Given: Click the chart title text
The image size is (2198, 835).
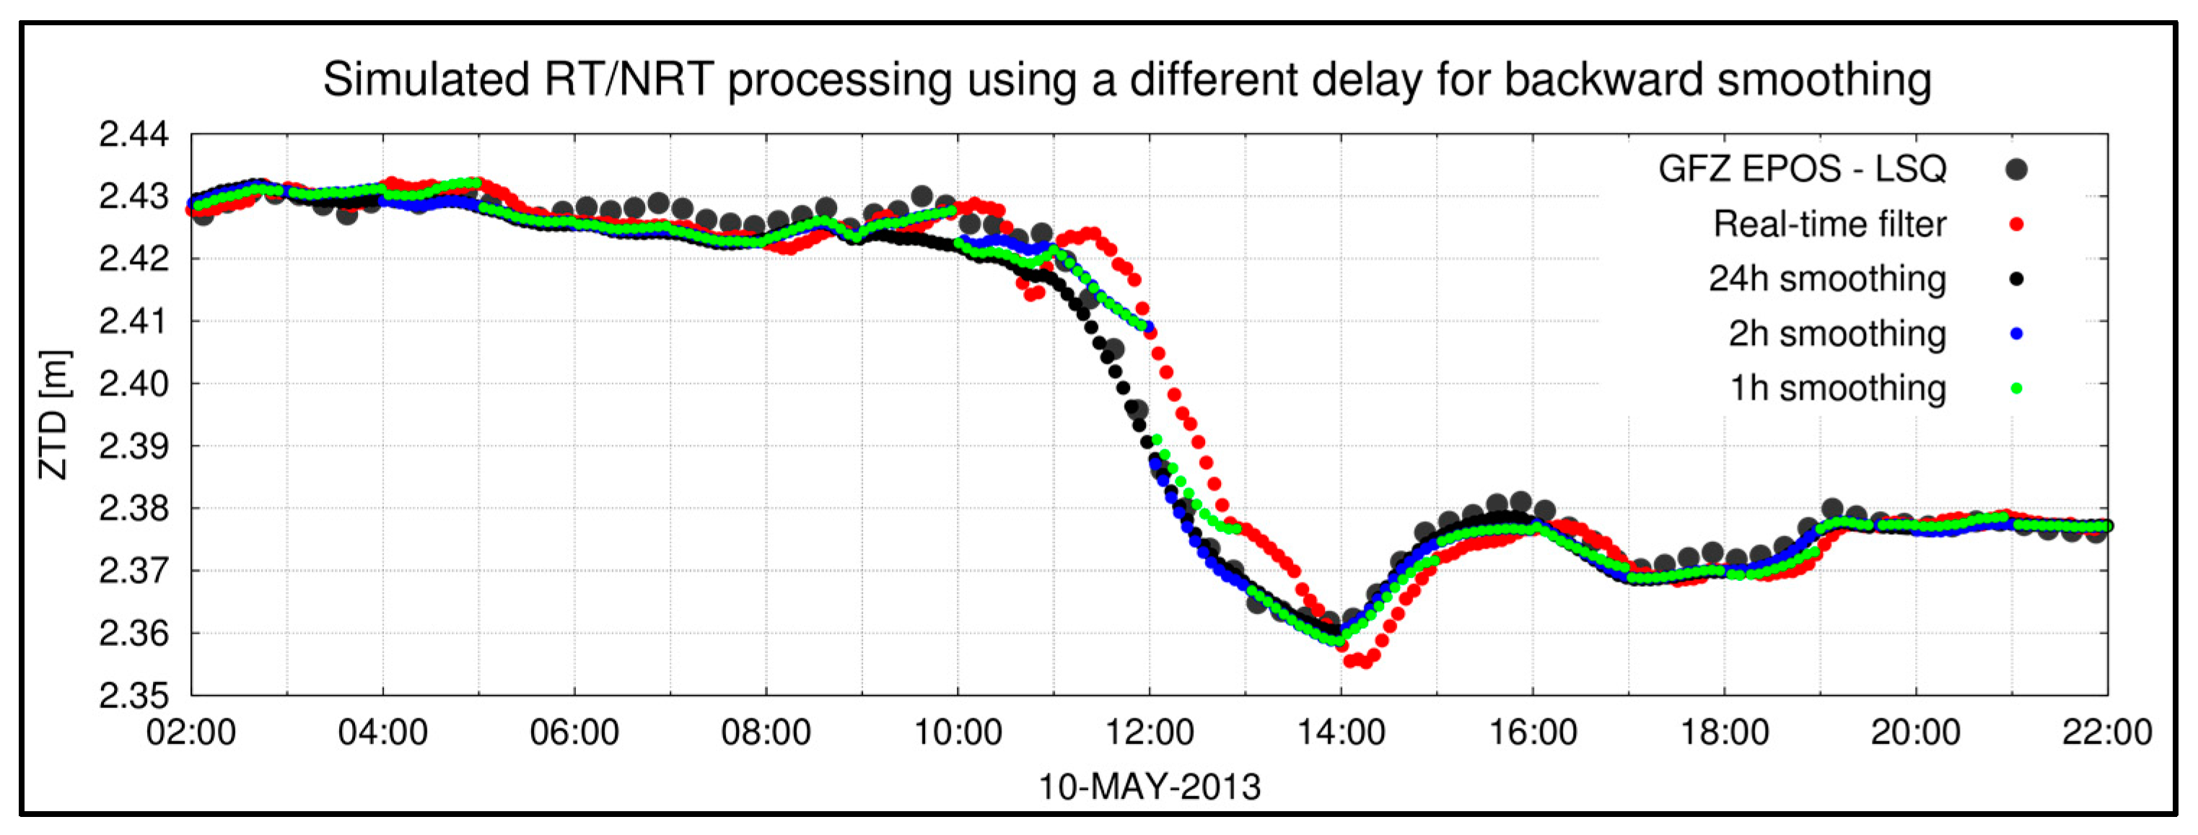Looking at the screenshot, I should (x=1126, y=80).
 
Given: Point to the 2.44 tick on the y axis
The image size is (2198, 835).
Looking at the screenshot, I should (x=134, y=135).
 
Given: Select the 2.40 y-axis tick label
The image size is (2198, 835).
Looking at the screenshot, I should (x=134, y=384).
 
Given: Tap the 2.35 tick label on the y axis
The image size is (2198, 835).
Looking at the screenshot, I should (x=134, y=696).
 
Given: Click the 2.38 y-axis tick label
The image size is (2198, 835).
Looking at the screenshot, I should (x=134, y=509).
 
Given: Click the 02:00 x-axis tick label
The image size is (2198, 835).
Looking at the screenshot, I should (x=191, y=733).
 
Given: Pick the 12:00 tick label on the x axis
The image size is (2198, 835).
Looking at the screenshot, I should (x=1150, y=733).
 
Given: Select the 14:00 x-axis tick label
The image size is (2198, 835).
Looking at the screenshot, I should (x=1341, y=733).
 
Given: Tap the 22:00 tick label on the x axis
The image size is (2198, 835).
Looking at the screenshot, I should (x=2106, y=733).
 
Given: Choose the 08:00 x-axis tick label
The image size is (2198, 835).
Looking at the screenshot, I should (x=766, y=733).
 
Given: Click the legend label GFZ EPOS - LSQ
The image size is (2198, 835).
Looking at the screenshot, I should (x=1802, y=169).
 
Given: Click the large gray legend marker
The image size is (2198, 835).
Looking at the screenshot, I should (x=2016, y=169).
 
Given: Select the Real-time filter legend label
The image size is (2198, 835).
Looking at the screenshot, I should (x=1829, y=224).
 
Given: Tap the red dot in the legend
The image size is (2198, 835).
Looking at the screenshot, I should (x=2016, y=224).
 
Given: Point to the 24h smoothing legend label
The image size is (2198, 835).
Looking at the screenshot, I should (x=1827, y=279).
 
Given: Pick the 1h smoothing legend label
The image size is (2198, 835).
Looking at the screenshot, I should (x=1837, y=388).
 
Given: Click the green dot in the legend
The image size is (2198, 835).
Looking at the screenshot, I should (x=2016, y=388).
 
